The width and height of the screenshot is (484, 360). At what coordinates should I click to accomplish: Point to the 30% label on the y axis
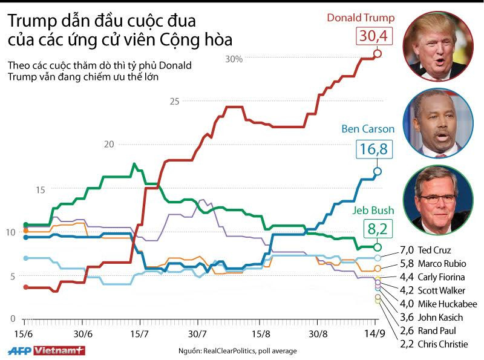[234, 59]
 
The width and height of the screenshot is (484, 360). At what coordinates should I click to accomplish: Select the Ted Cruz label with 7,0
[427, 249]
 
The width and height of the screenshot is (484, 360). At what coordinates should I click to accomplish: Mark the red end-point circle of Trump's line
[378, 54]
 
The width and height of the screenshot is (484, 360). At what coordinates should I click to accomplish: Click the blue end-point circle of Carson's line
[378, 171]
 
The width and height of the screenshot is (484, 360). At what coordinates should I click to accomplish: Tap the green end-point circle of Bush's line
[378, 247]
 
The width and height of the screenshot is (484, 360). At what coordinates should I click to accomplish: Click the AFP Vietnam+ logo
[46, 350]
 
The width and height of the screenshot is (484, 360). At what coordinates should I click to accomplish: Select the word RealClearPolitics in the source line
[232, 350]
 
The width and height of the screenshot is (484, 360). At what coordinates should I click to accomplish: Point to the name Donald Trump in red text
[361, 18]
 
